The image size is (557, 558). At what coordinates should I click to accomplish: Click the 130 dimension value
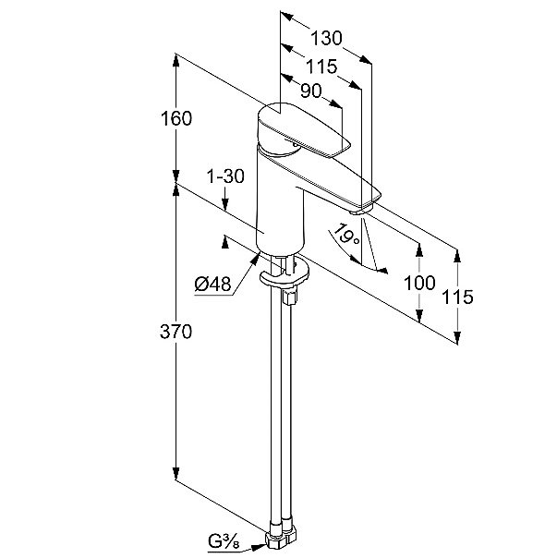326,38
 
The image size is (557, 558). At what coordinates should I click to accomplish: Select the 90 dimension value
311,91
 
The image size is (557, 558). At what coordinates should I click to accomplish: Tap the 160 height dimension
176,118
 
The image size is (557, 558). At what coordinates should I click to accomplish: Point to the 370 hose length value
176,332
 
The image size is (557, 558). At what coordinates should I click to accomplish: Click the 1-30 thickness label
225,176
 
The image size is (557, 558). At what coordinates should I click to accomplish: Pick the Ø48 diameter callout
212,284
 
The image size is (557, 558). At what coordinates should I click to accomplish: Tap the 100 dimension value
419,283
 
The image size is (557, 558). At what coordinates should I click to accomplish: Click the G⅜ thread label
224,542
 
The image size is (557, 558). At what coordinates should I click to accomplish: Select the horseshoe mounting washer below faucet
284,273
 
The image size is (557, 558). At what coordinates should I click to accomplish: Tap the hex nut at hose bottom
281,542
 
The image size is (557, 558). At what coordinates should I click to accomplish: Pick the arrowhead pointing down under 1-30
225,204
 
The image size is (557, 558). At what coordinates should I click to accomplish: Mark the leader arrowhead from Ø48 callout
254,260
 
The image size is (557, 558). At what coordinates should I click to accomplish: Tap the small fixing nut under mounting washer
289,297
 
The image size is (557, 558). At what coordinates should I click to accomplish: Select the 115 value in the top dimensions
321,66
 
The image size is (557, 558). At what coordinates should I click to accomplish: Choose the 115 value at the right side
457,297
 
